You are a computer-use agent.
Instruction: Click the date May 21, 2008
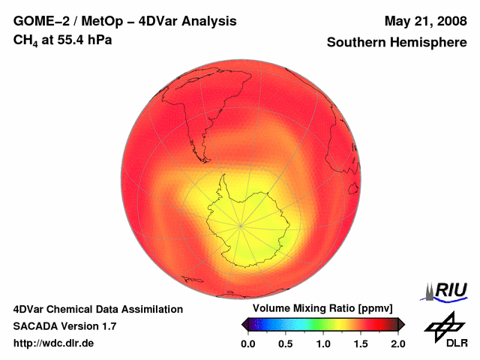tap(424, 21)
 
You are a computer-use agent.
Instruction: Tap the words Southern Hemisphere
tap(396, 43)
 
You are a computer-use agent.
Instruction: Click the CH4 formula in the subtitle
tap(27, 40)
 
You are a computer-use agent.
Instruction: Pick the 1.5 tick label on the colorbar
tap(360, 343)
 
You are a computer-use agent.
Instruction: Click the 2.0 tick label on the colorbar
tap(397, 343)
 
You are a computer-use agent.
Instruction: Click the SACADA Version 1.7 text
tap(64, 326)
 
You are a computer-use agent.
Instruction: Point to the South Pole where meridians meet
tap(240, 224)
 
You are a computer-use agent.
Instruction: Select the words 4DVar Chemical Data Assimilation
tap(97, 309)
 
